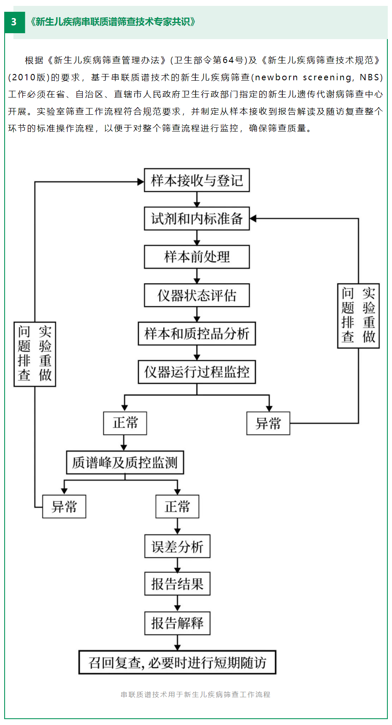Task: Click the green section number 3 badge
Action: click(14, 22)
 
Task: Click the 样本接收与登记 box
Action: click(197, 180)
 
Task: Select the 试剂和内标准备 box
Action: click(197, 219)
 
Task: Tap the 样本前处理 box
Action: click(197, 257)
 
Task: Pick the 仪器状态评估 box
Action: click(197, 295)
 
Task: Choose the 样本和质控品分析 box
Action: click(197, 334)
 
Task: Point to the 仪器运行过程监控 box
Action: click(197, 372)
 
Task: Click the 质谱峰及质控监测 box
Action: click(125, 463)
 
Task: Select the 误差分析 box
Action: click(177, 546)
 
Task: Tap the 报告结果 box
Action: click(177, 584)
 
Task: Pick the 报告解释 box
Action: click(177, 623)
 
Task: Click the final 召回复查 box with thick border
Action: click(177, 662)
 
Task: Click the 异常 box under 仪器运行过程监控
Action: click(268, 423)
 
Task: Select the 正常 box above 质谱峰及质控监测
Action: click(125, 423)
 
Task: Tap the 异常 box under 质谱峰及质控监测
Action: click(64, 507)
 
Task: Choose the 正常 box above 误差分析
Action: click(177, 507)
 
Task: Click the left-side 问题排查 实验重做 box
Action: click(35, 354)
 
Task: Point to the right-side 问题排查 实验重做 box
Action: click(358, 316)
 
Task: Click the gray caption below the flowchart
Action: click(195, 695)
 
